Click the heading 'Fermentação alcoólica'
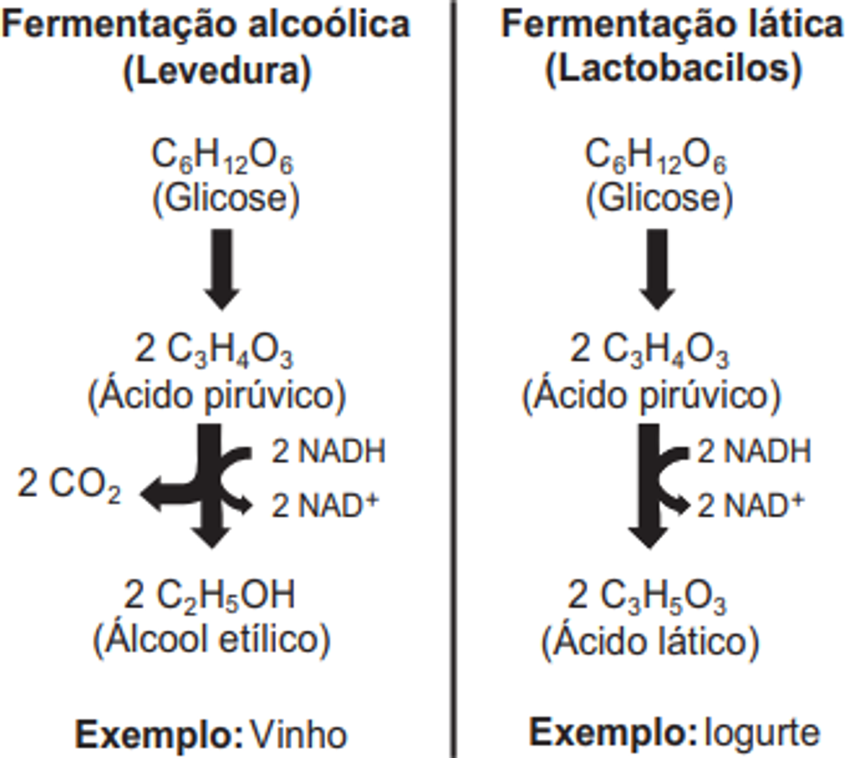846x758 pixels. point(205,25)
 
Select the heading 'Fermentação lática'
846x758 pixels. point(672,25)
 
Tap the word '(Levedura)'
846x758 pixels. point(217,71)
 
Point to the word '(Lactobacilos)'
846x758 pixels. point(674,69)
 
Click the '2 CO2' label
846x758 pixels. point(69,485)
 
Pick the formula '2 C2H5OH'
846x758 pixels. point(210,596)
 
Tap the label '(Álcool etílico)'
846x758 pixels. point(211,639)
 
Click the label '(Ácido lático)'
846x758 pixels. point(649,641)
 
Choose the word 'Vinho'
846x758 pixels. point(299,734)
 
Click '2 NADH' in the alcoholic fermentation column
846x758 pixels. point(329,452)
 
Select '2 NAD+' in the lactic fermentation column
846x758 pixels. point(750,505)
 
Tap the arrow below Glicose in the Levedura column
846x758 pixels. point(221,269)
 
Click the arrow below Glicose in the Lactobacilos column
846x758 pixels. point(657,269)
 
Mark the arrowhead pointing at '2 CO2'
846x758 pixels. point(149,493)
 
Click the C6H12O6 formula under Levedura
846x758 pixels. point(222,156)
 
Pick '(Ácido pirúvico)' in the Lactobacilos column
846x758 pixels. point(651,395)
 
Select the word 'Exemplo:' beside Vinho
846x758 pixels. point(159,734)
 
